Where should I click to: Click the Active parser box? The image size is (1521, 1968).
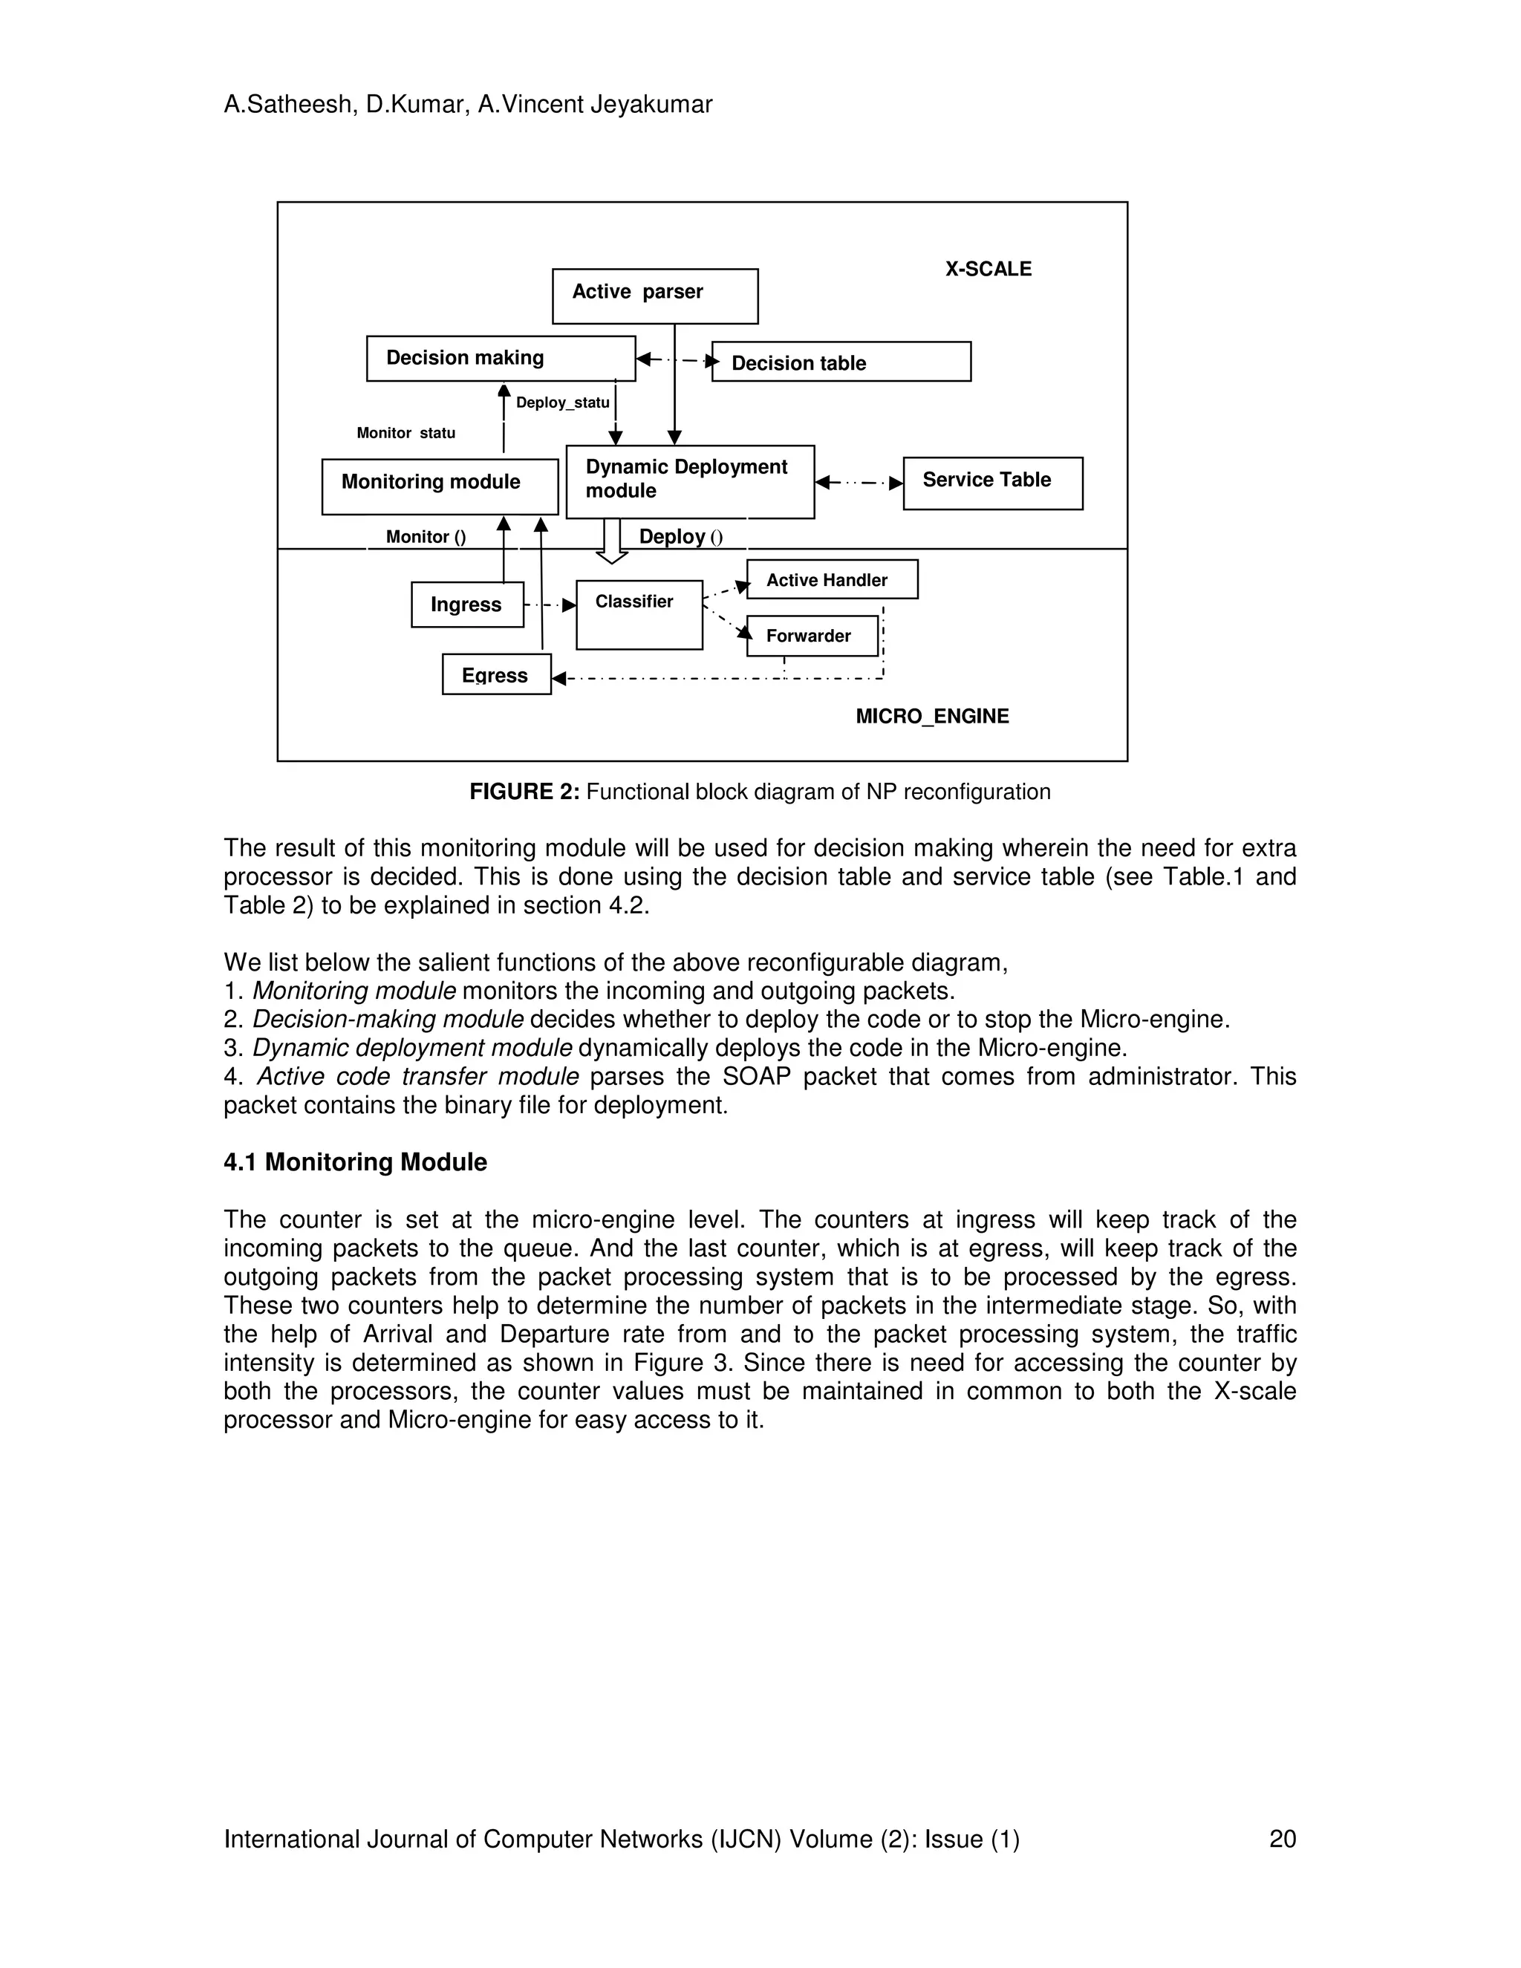(654, 296)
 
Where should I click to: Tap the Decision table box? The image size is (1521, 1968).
(841, 362)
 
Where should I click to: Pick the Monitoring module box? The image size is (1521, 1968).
(440, 486)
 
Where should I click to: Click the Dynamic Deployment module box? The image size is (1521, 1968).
(689, 481)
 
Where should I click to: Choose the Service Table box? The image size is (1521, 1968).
(992, 483)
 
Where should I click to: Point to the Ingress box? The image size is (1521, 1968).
(466, 605)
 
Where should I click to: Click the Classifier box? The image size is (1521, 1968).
(639, 615)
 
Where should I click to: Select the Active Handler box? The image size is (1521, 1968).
(832, 579)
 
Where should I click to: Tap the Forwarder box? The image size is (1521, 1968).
(811, 636)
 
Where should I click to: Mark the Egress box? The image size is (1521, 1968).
(495, 675)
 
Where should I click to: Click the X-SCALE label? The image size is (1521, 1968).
(988, 269)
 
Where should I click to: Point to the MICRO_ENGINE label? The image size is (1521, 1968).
(932, 717)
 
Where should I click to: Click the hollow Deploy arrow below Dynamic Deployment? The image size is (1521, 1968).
(612, 541)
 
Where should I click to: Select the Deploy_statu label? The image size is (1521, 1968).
(562, 403)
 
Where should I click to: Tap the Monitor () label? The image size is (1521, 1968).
(426, 537)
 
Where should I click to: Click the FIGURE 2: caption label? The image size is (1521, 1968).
(524, 792)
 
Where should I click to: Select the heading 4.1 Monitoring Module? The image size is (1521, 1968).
(355, 1162)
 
